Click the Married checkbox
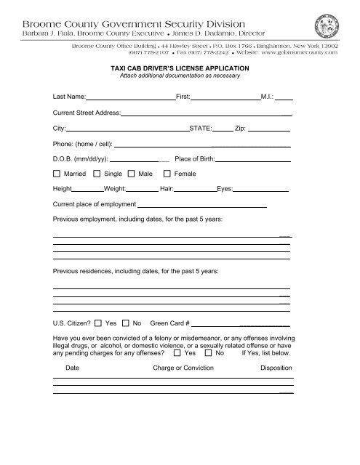point(57,174)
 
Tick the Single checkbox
point(98,174)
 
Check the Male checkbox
point(132,174)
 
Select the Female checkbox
point(168,174)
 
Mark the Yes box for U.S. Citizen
point(100,322)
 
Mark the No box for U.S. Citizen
point(126,322)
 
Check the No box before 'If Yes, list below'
point(209,354)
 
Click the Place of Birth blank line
point(255,161)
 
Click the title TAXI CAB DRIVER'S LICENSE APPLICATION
point(172,65)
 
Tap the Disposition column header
point(276,368)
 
